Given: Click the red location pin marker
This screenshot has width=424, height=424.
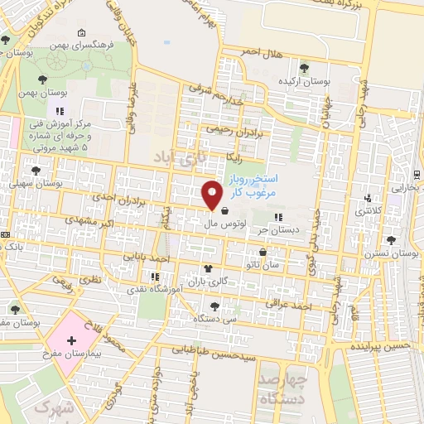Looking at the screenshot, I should (212, 195).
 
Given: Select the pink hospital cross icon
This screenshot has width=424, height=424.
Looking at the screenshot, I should (70, 340).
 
